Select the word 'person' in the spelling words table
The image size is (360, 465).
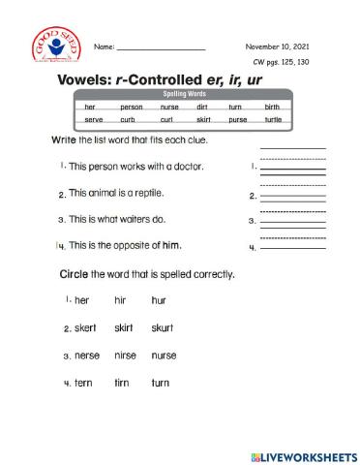(x=132, y=107)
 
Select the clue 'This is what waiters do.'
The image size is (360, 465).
(x=124, y=219)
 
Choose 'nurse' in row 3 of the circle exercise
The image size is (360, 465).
(x=164, y=356)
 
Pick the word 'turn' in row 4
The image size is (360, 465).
(x=160, y=384)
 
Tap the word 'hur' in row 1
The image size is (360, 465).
(x=159, y=300)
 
